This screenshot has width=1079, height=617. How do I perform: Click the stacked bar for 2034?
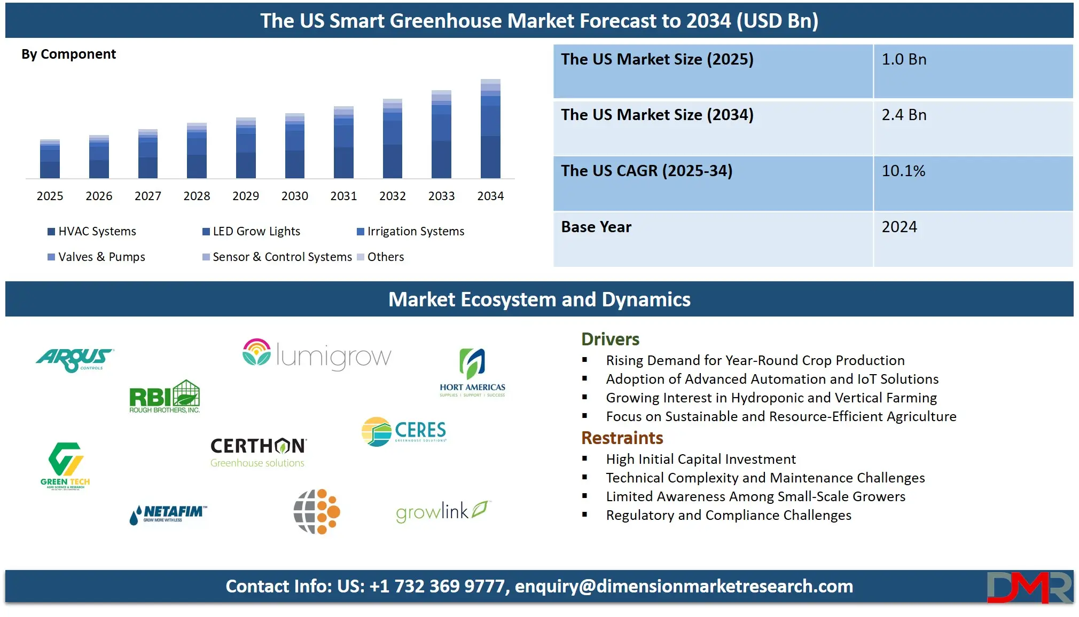point(490,129)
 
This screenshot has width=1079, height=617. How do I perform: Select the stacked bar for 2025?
point(50,159)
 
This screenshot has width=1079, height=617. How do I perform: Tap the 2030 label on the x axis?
point(295,196)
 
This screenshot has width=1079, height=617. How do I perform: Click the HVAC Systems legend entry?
point(92,232)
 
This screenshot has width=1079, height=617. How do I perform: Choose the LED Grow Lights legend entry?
point(252,232)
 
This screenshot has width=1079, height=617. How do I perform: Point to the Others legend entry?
point(380,257)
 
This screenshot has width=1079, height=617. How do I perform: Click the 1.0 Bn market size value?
point(904,60)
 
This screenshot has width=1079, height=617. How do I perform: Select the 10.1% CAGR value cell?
point(903,171)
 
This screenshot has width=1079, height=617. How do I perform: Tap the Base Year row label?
point(596,227)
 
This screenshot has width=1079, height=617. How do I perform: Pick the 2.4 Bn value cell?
point(904,115)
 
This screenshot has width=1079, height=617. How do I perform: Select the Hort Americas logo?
point(472,373)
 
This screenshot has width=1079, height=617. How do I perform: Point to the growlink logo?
point(442,511)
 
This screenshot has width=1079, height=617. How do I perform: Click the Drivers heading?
point(610,339)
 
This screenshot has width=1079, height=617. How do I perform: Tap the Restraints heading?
point(622,438)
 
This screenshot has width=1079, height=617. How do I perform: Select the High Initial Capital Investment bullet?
point(700,460)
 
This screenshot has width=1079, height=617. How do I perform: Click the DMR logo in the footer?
point(1029,587)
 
